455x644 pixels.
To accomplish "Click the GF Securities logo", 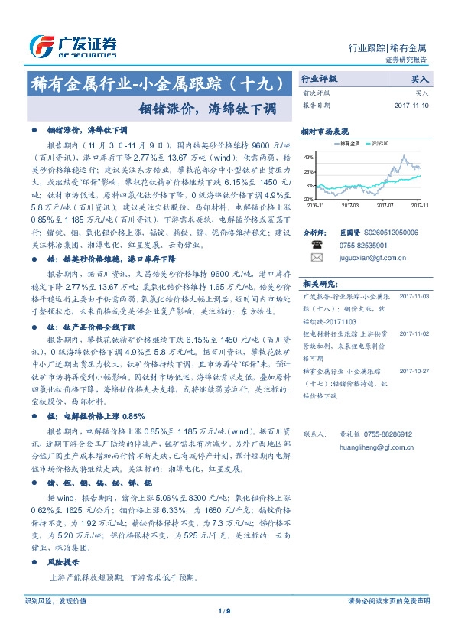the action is point(73,45).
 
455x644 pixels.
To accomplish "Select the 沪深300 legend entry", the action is point(378,142).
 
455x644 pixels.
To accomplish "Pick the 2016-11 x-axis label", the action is point(315,205).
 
